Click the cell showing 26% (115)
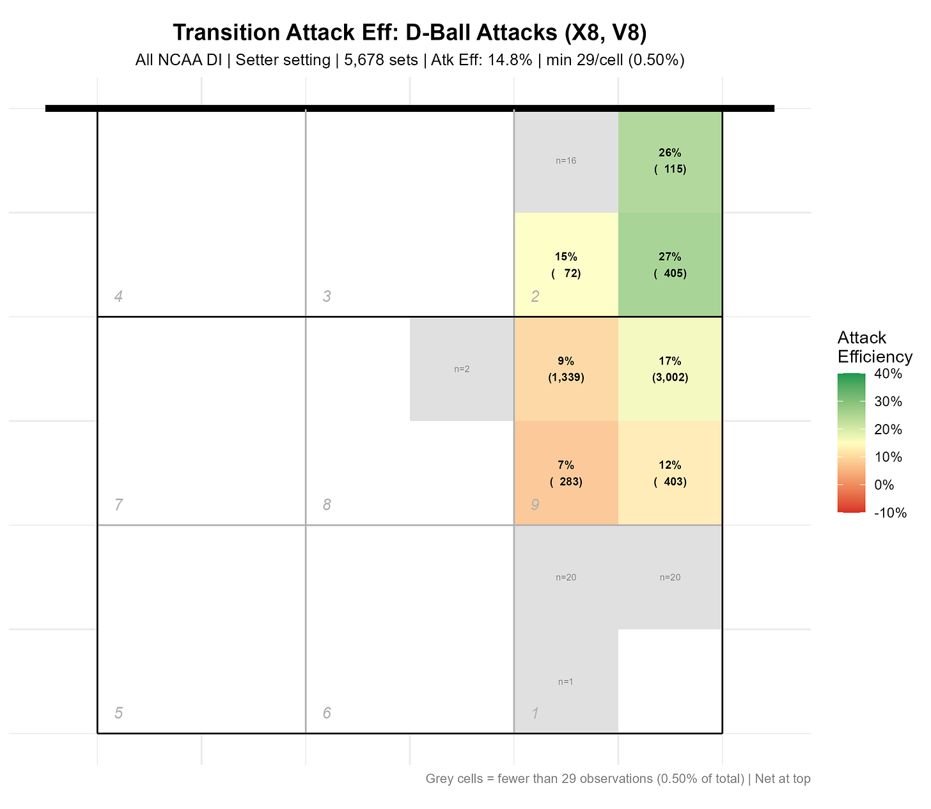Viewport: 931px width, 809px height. tap(670, 161)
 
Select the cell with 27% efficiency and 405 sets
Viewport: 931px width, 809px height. tap(670, 265)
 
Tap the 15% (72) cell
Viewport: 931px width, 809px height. tap(566, 265)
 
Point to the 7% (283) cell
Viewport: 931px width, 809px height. tap(566, 473)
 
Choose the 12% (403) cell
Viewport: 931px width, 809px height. tap(670, 473)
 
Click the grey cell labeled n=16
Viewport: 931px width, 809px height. tap(566, 161)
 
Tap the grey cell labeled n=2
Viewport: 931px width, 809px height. tap(462, 369)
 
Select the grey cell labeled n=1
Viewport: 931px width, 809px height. tap(566, 682)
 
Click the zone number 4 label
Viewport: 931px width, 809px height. tap(118, 296)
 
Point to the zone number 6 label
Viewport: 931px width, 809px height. tap(327, 713)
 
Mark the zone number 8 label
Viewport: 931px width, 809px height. tap(327, 505)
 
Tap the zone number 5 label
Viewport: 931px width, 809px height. tap(118, 713)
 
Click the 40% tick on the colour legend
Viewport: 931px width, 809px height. tap(888, 374)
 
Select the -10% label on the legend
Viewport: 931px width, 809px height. tap(889, 512)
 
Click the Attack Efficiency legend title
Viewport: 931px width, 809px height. tap(874, 347)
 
